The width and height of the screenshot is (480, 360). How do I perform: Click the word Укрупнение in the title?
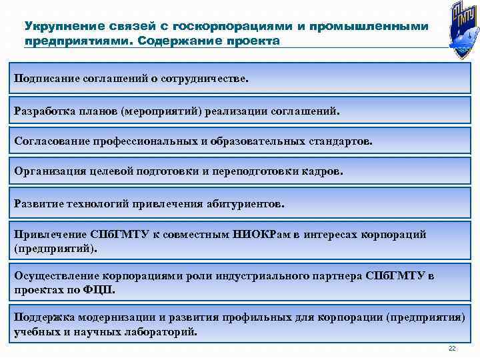58,26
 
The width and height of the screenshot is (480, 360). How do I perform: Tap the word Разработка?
45,111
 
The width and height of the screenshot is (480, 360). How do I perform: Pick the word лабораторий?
160,331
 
